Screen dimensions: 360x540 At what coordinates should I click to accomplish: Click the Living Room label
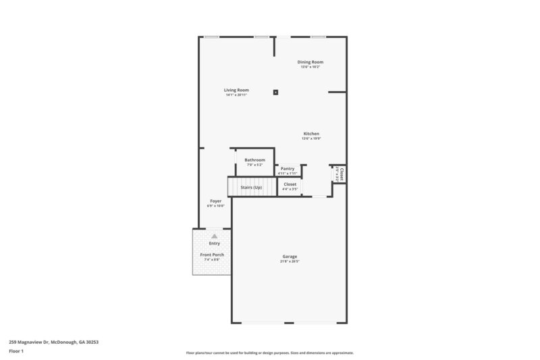(x=237, y=90)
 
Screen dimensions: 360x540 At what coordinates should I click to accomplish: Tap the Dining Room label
(x=310, y=62)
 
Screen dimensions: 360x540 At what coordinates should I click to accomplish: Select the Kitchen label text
(x=311, y=134)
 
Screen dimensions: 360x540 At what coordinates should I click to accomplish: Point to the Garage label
(x=290, y=256)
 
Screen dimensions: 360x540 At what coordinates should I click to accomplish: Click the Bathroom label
(x=254, y=160)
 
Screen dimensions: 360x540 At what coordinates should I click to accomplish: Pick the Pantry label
(x=288, y=168)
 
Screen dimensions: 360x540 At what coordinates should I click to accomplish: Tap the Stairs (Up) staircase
(x=252, y=187)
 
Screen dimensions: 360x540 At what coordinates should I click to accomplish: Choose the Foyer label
(x=215, y=201)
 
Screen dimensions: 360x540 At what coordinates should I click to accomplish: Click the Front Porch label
(x=214, y=255)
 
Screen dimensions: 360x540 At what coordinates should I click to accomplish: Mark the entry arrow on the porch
(x=215, y=236)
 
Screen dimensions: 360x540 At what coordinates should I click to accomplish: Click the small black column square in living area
(x=275, y=92)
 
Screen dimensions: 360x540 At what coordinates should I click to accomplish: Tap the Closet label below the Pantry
(x=290, y=184)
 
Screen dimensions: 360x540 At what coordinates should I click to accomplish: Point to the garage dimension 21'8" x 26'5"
(x=290, y=261)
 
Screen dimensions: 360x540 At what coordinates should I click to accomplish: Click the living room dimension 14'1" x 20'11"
(x=237, y=95)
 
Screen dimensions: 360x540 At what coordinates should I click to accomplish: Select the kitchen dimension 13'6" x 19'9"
(x=311, y=139)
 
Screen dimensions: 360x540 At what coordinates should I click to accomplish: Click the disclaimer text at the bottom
(x=269, y=353)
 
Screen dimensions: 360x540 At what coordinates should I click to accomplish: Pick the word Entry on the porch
(x=214, y=243)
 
